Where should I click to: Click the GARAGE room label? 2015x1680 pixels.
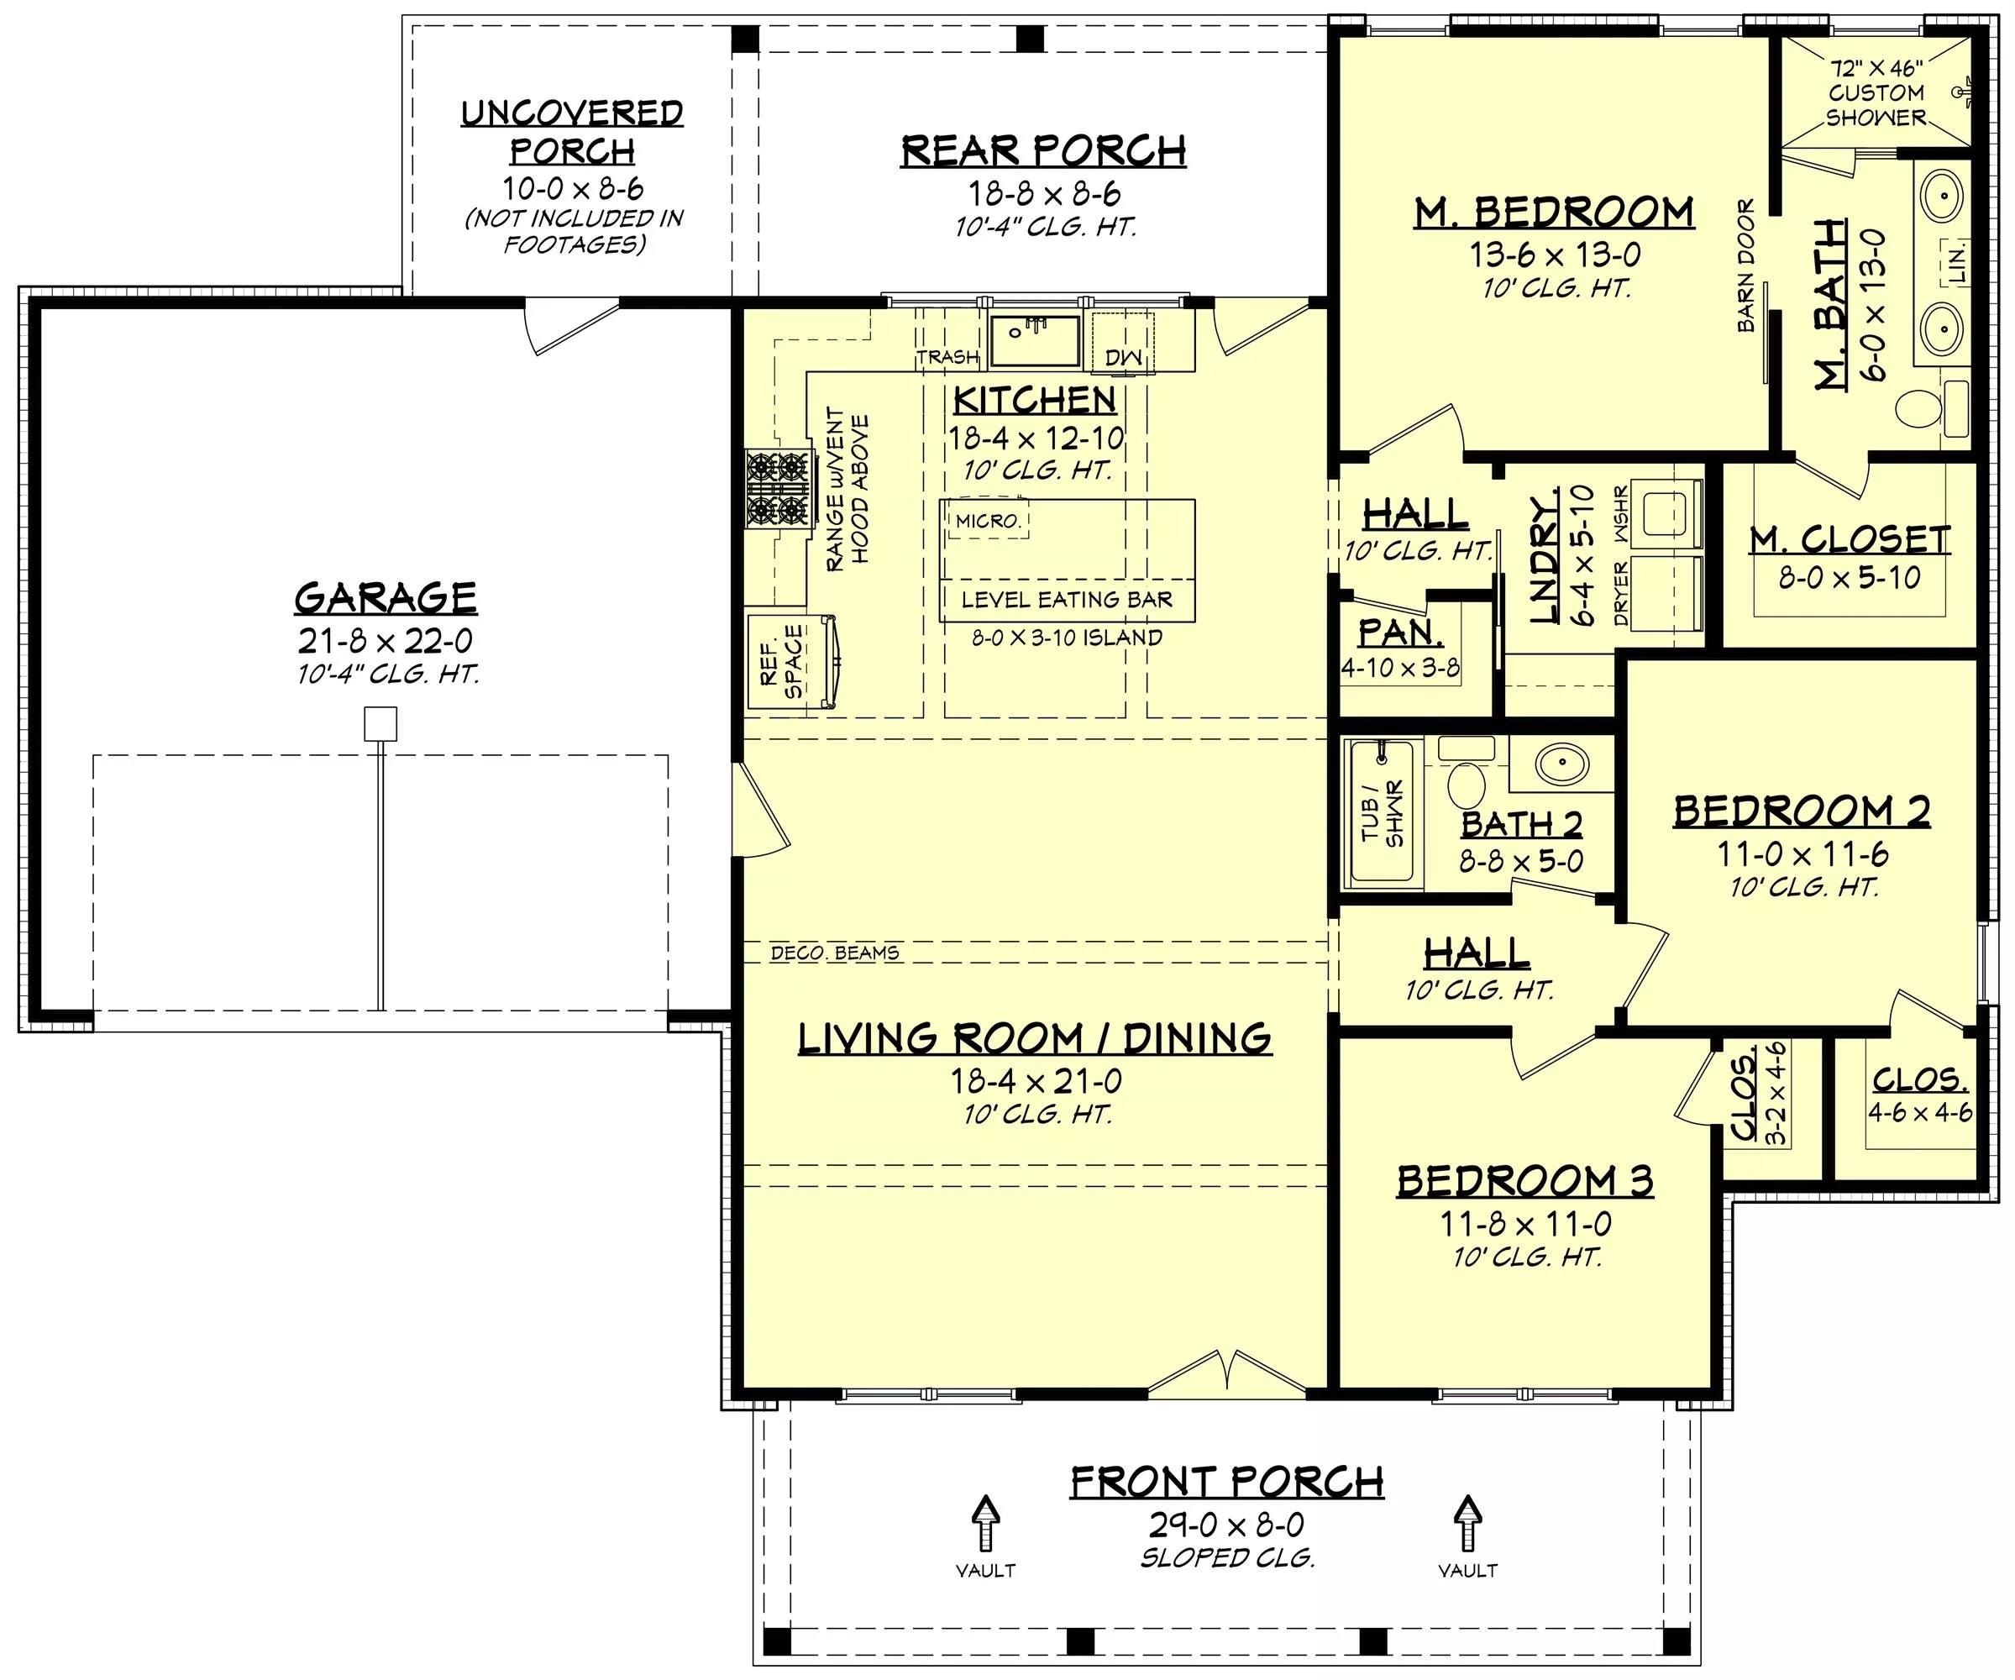click(x=385, y=598)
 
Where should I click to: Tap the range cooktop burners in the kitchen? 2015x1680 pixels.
click(x=776, y=488)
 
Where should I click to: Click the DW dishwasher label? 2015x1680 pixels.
click(x=1124, y=357)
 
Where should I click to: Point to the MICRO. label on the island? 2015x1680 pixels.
click(x=988, y=521)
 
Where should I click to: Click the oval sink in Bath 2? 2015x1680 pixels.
click(x=1561, y=764)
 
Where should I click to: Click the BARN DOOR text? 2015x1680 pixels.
click(x=1745, y=265)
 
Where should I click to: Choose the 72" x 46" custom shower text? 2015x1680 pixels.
click(x=1876, y=93)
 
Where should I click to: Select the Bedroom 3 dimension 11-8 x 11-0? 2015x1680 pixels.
click(x=1524, y=1223)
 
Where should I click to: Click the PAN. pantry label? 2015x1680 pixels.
click(x=1400, y=633)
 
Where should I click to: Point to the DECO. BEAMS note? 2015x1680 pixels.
click(x=835, y=953)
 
